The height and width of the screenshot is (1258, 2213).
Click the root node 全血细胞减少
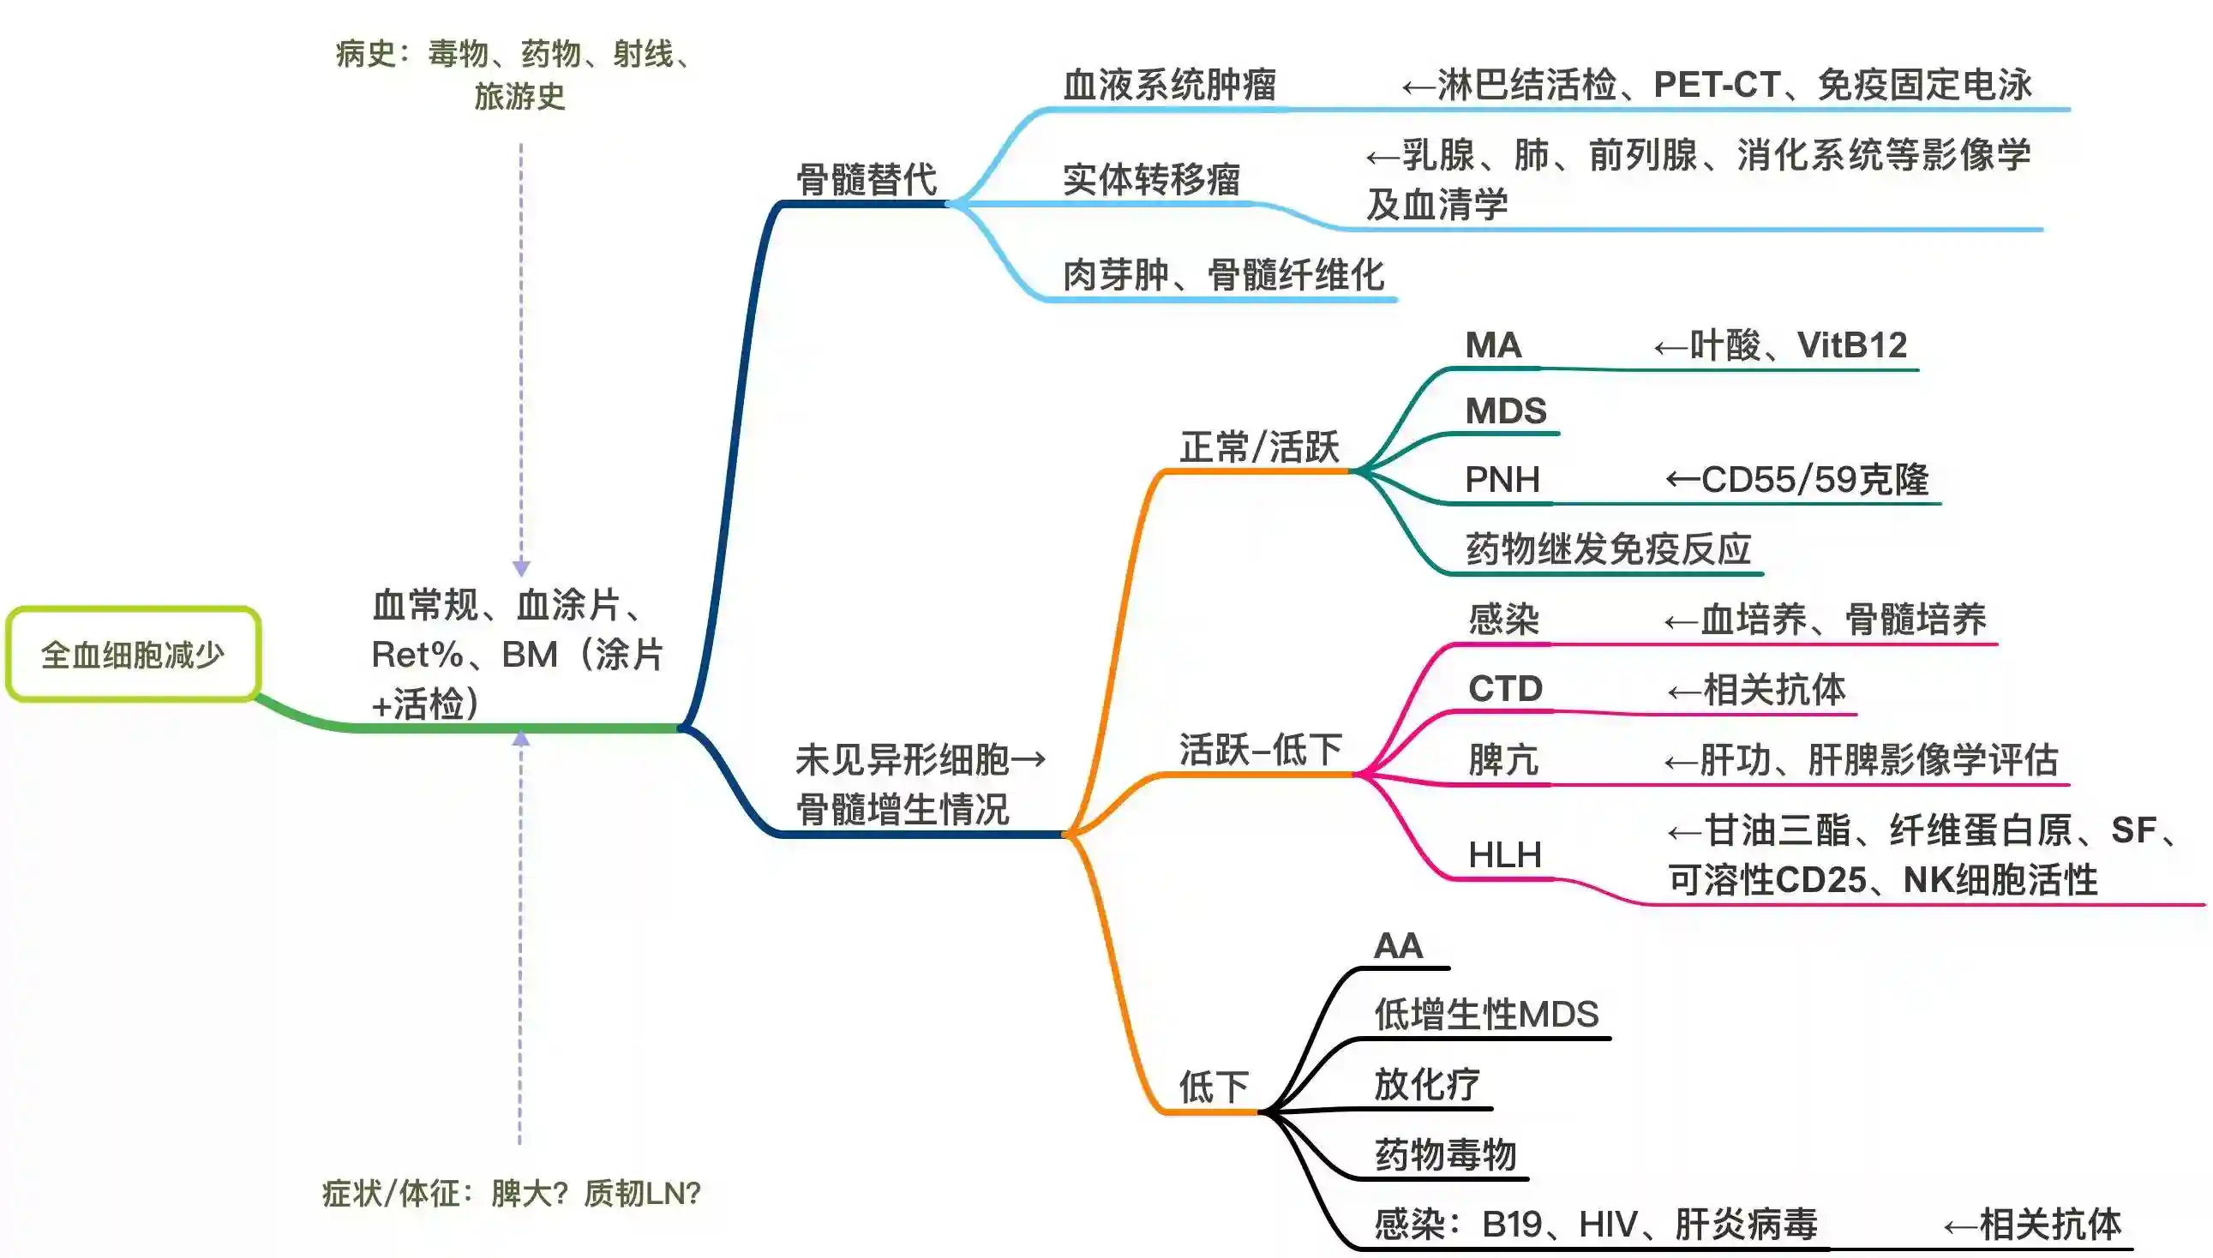pyautogui.click(x=133, y=655)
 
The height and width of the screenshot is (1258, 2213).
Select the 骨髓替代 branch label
pyautogui.click(x=866, y=180)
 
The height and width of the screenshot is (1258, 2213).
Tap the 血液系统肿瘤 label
pyautogui.click(x=1169, y=86)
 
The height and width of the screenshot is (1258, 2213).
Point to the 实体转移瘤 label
pyautogui.click(x=1151, y=180)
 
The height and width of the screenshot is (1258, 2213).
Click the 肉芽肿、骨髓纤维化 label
pyautogui.click(x=1223, y=275)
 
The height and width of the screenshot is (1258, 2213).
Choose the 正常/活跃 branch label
pyautogui.click(x=1259, y=447)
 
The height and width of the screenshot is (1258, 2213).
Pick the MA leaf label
pyautogui.click(x=1492, y=345)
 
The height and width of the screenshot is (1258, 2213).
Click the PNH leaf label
pyautogui.click(x=1502, y=480)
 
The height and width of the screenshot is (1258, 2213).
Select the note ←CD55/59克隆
pyautogui.click(x=1797, y=480)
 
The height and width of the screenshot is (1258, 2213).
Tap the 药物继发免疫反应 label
pyautogui.click(x=1608, y=549)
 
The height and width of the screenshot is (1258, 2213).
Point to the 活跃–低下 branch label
pyautogui.click(x=1260, y=750)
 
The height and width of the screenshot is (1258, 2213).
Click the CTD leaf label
pyautogui.click(x=1504, y=690)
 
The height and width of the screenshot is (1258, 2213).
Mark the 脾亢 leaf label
pyautogui.click(x=1503, y=760)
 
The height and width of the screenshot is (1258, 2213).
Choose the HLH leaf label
pyautogui.click(x=1504, y=855)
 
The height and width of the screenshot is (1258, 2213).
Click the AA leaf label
pyautogui.click(x=1397, y=946)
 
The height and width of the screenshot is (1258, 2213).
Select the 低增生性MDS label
pyautogui.click(x=1486, y=1015)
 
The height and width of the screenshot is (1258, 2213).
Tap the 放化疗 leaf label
pyautogui.click(x=1427, y=1085)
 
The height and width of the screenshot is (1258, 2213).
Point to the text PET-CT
pyautogui.click(x=1716, y=86)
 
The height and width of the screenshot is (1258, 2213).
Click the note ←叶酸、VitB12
pyautogui.click(x=1780, y=345)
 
